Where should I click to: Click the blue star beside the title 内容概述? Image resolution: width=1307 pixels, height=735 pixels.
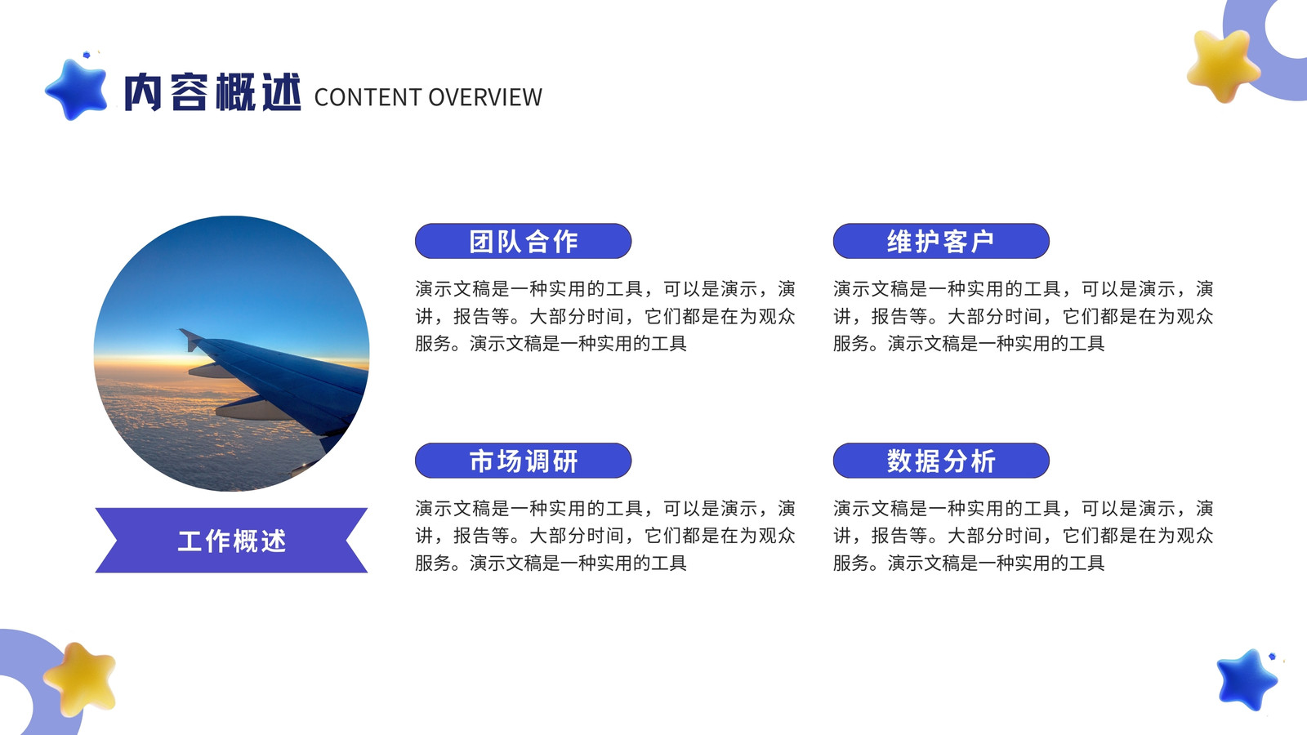pos(77,89)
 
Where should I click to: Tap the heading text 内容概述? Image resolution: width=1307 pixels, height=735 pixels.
pos(213,92)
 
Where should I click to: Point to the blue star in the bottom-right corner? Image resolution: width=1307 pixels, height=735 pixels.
pos(1247,679)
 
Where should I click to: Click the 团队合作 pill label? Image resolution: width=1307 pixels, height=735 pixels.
pos(524,241)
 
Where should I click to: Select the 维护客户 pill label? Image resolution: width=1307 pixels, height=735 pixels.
pos(941,241)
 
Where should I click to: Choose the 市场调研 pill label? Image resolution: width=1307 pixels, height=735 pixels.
pos(524,461)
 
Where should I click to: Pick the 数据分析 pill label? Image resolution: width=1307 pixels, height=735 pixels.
pos(941,461)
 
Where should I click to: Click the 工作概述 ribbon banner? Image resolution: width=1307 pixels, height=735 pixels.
pos(232,540)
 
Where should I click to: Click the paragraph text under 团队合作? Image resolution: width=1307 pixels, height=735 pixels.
pos(605,316)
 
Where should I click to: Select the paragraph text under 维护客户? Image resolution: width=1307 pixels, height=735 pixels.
pos(1023,316)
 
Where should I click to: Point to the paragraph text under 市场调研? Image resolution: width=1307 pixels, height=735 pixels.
pos(605,536)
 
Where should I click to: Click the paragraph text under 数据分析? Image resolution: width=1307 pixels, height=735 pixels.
pos(1023,536)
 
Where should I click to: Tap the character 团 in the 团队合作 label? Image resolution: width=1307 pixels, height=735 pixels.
pos(482,242)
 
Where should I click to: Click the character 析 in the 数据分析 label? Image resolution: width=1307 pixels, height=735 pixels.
pos(984,461)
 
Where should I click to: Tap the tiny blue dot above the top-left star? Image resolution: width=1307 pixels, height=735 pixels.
pos(87,55)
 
